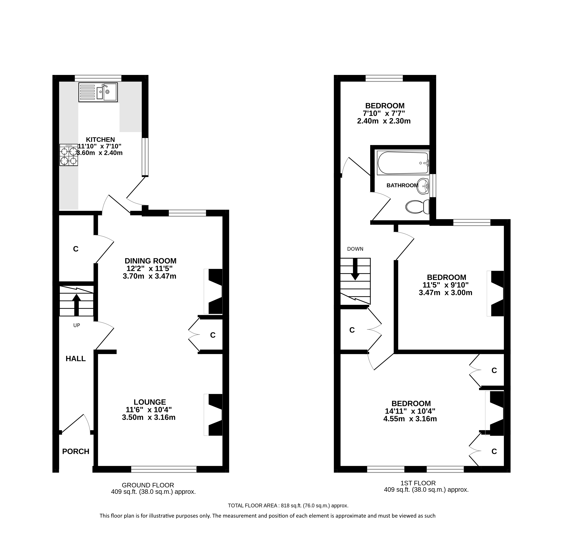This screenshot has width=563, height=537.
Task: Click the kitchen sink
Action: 98,92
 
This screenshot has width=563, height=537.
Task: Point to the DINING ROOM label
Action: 150,261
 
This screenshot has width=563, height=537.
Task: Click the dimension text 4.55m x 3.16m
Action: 410,419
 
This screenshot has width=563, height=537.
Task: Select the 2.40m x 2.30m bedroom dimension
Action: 384,121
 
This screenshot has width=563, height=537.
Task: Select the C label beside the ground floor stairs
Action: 76,249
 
